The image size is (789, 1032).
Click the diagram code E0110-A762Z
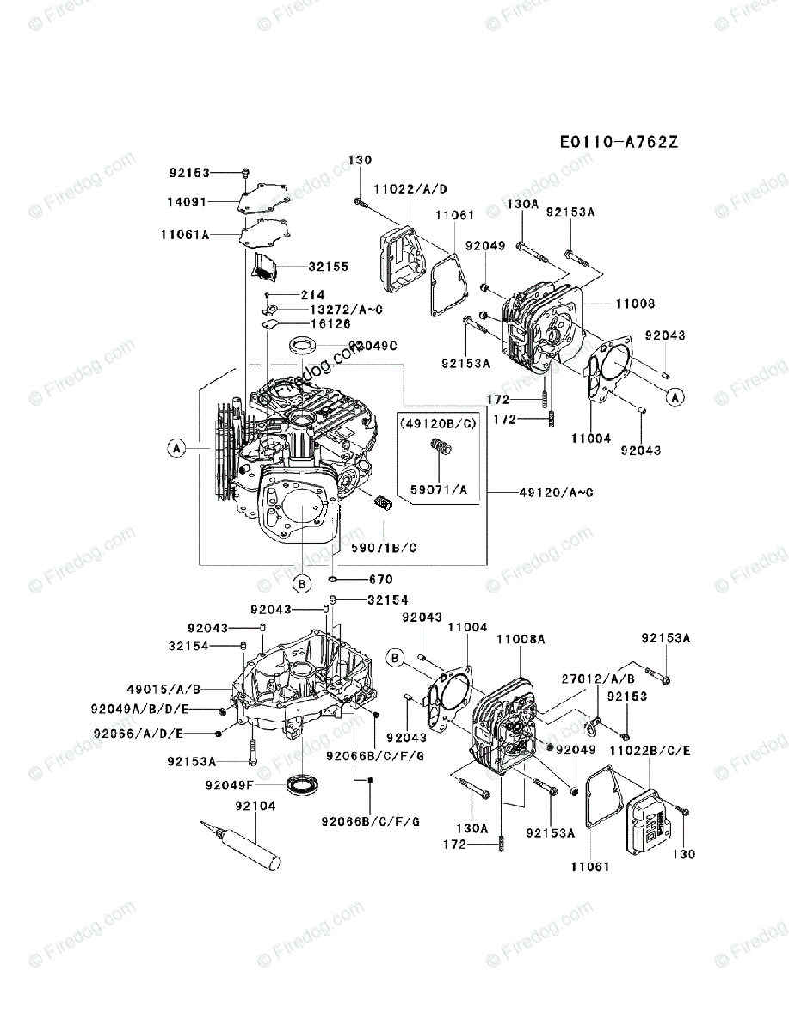[618, 142]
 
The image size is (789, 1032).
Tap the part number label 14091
[188, 203]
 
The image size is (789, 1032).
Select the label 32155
[330, 267]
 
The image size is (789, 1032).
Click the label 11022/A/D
[410, 188]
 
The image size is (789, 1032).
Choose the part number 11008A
[521, 639]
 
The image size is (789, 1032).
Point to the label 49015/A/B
[163, 690]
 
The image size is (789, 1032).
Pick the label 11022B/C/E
[651, 750]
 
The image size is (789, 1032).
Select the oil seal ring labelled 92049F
[302, 784]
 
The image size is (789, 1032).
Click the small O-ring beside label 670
[333, 579]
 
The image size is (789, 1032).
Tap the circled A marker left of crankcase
[176, 447]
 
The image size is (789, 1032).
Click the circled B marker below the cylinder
[302, 584]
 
